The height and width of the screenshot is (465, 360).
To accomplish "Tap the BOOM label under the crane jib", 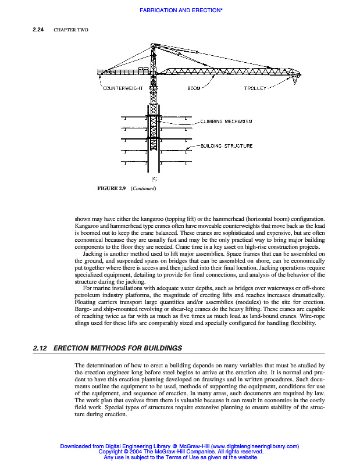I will [193, 88].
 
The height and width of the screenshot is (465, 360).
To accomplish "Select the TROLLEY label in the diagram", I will [255, 88].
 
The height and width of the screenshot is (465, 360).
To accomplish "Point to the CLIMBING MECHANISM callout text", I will [226, 121].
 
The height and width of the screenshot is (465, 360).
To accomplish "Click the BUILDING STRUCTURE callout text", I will [226, 146].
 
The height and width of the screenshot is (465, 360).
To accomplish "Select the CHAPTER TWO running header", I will [70, 30].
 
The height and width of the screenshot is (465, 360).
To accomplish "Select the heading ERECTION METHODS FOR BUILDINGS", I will [117, 348].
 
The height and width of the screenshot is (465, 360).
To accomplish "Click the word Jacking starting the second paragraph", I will [92, 254].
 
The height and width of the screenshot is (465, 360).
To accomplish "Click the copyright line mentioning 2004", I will [181, 452].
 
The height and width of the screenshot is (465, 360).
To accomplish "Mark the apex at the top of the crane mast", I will [152, 44].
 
